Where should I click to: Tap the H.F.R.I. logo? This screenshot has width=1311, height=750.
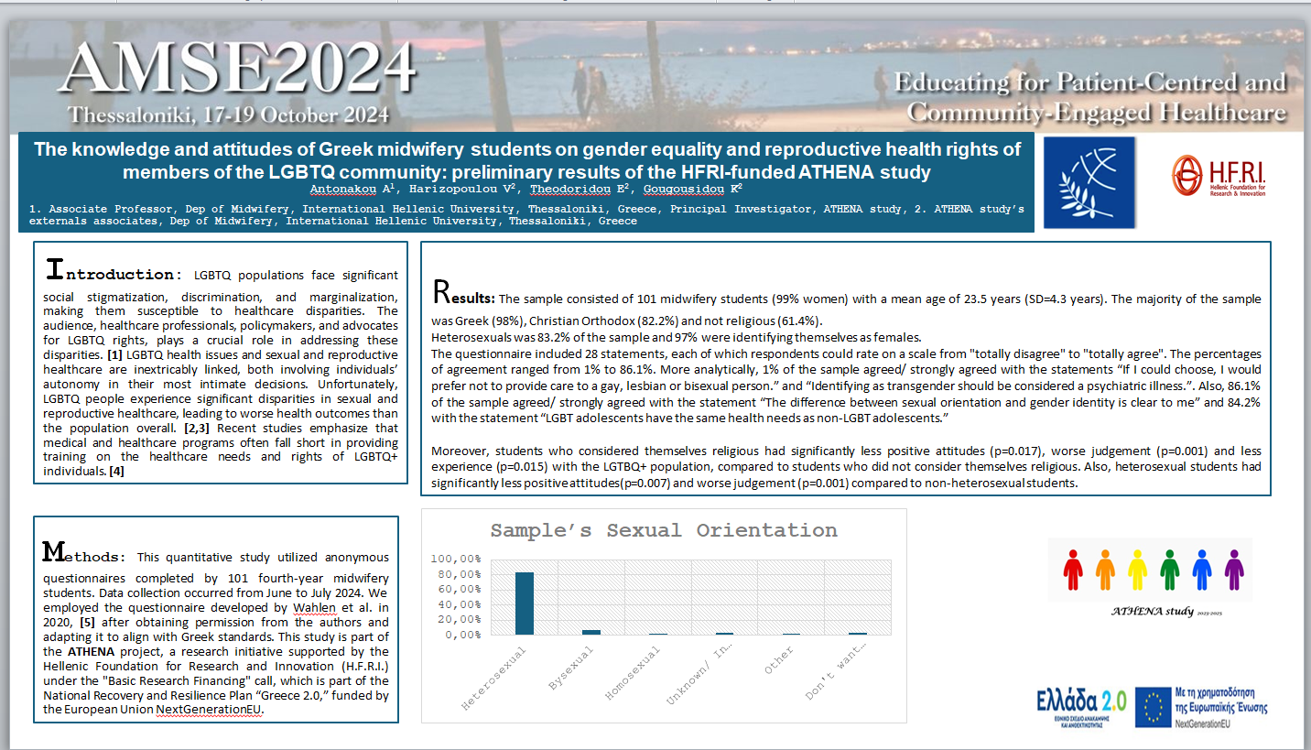click(x=1219, y=175)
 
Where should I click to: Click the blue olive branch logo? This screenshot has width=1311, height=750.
click(x=1089, y=182)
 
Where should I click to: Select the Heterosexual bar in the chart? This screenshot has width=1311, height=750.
click(x=525, y=603)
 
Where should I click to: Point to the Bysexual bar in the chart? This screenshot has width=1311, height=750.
click(x=591, y=632)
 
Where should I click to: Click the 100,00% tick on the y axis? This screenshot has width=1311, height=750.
click(x=455, y=559)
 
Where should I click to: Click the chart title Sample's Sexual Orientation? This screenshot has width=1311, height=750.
click(x=664, y=530)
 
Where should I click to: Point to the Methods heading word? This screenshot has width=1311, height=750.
click(x=82, y=554)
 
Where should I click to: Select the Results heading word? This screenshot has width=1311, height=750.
click(x=463, y=295)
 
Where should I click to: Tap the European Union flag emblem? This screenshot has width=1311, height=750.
click(x=1153, y=707)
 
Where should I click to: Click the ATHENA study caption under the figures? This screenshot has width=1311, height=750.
click(x=1152, y=611)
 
